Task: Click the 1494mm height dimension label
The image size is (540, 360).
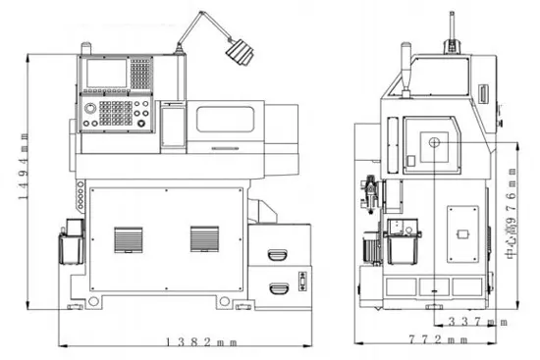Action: click(24, 167)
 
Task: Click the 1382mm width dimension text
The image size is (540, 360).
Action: click(202, 342)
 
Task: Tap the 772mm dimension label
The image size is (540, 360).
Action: click(439, 340)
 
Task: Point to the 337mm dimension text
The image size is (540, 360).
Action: click(478, 322)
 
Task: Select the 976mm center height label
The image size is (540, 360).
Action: click(511, 214)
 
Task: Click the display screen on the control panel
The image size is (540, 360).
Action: click(106, 74)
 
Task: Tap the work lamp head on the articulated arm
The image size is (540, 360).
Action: click(240, 52)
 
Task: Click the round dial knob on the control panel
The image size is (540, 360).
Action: click(90, 109)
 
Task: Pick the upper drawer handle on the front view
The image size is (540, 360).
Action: click(278, 255)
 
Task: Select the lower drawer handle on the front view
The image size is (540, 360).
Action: click(279, 288)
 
